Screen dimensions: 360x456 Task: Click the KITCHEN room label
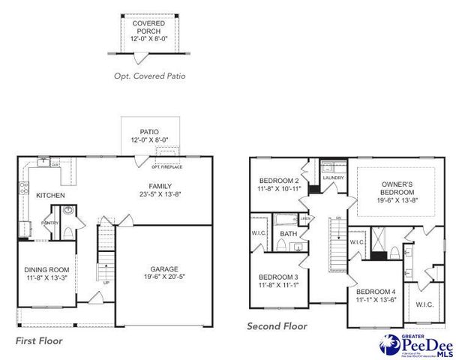pos(50,196)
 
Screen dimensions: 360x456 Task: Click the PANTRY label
pos(50,223)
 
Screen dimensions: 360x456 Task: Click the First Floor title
pos(39,340)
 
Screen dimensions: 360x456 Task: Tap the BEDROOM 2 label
pos(279,181)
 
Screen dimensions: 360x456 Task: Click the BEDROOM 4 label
pos(376,292)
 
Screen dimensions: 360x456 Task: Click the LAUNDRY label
pos(332,178)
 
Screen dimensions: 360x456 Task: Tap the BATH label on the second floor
pos(288,234)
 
